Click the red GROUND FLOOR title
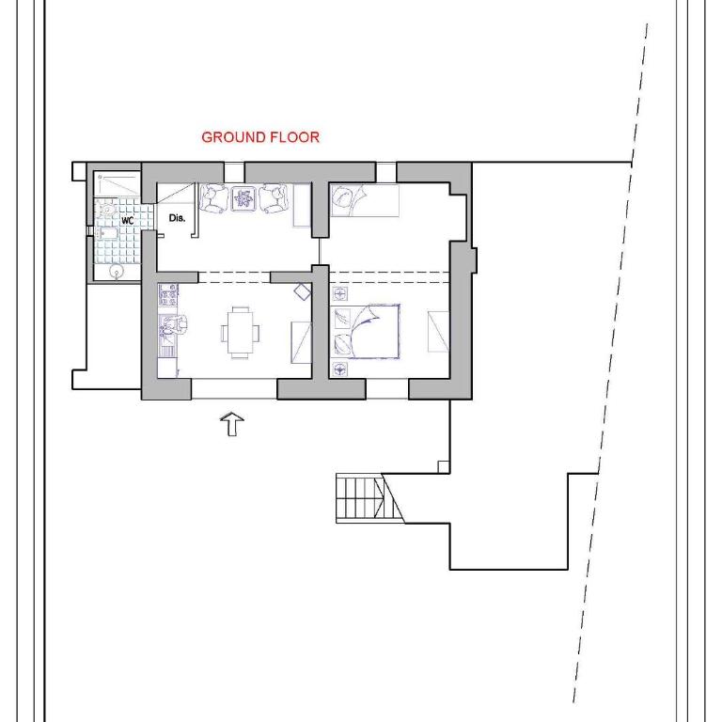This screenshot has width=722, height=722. tap(260, 137)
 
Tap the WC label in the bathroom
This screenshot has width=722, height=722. tap(128, 221)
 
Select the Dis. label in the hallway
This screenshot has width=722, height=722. tap(177, 218)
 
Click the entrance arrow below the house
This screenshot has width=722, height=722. tap(232, 424)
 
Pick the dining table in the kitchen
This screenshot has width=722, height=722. tap(240, 332)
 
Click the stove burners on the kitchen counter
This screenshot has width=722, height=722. tap(168, 294)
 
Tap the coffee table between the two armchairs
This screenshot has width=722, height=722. tap(243, 198)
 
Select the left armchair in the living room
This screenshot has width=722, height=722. tap(213, 198)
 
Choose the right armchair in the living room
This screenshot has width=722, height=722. tap(273, 198)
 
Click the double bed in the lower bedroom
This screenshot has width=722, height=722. tap(366, 331)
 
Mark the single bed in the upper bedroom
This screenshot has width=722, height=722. tap(365, 200)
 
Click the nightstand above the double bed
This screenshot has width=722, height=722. tap(339, 293)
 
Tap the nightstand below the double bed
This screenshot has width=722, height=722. tap(339, 369)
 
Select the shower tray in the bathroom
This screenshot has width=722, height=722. tap(117, 184)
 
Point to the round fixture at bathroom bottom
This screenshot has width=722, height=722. tap(117, 272)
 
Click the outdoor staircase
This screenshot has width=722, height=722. tap(370, 498)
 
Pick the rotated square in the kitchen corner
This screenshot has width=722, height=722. tap(303, 292)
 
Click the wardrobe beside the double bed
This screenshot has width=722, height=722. tap(438, 332)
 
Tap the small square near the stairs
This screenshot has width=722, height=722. tap(444, 467)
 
